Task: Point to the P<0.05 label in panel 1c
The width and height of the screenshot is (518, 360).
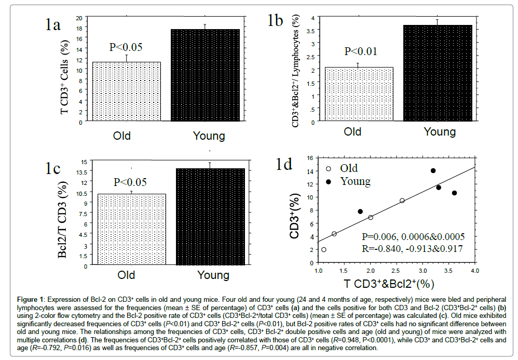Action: click(x=130, y=182)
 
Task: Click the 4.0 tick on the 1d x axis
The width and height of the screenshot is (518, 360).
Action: click(x=474, y=271)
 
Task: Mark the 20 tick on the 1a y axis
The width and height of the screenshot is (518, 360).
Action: click(x=79, y=18)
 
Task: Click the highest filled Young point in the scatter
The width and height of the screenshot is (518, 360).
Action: click(x=433, y=170)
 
